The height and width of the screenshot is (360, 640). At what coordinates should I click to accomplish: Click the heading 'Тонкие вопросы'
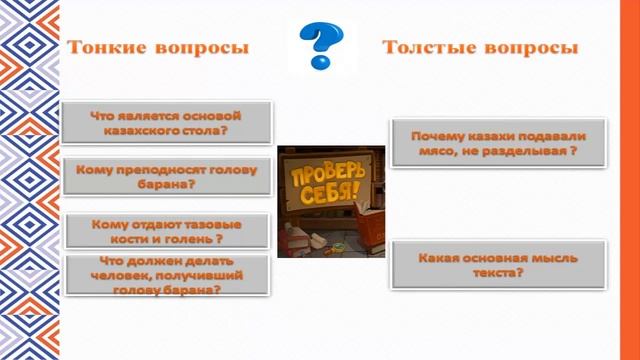[x=157, y=48]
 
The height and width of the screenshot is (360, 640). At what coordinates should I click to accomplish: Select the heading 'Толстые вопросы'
[x=481, y=47]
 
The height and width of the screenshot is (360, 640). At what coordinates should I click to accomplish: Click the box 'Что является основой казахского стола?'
[x=166, y=123]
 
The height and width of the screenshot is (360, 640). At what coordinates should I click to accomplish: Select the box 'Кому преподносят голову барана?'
[x=166, y=177]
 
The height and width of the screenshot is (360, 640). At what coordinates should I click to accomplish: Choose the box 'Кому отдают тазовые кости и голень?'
[x=166, y=232]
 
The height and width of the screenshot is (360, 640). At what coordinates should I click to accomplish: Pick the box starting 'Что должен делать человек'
[x=166, y=275]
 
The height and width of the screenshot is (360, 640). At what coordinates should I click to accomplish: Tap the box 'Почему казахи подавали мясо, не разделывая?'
[x=497, y=145]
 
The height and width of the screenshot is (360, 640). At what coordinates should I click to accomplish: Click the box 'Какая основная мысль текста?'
[x=497, y=265]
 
